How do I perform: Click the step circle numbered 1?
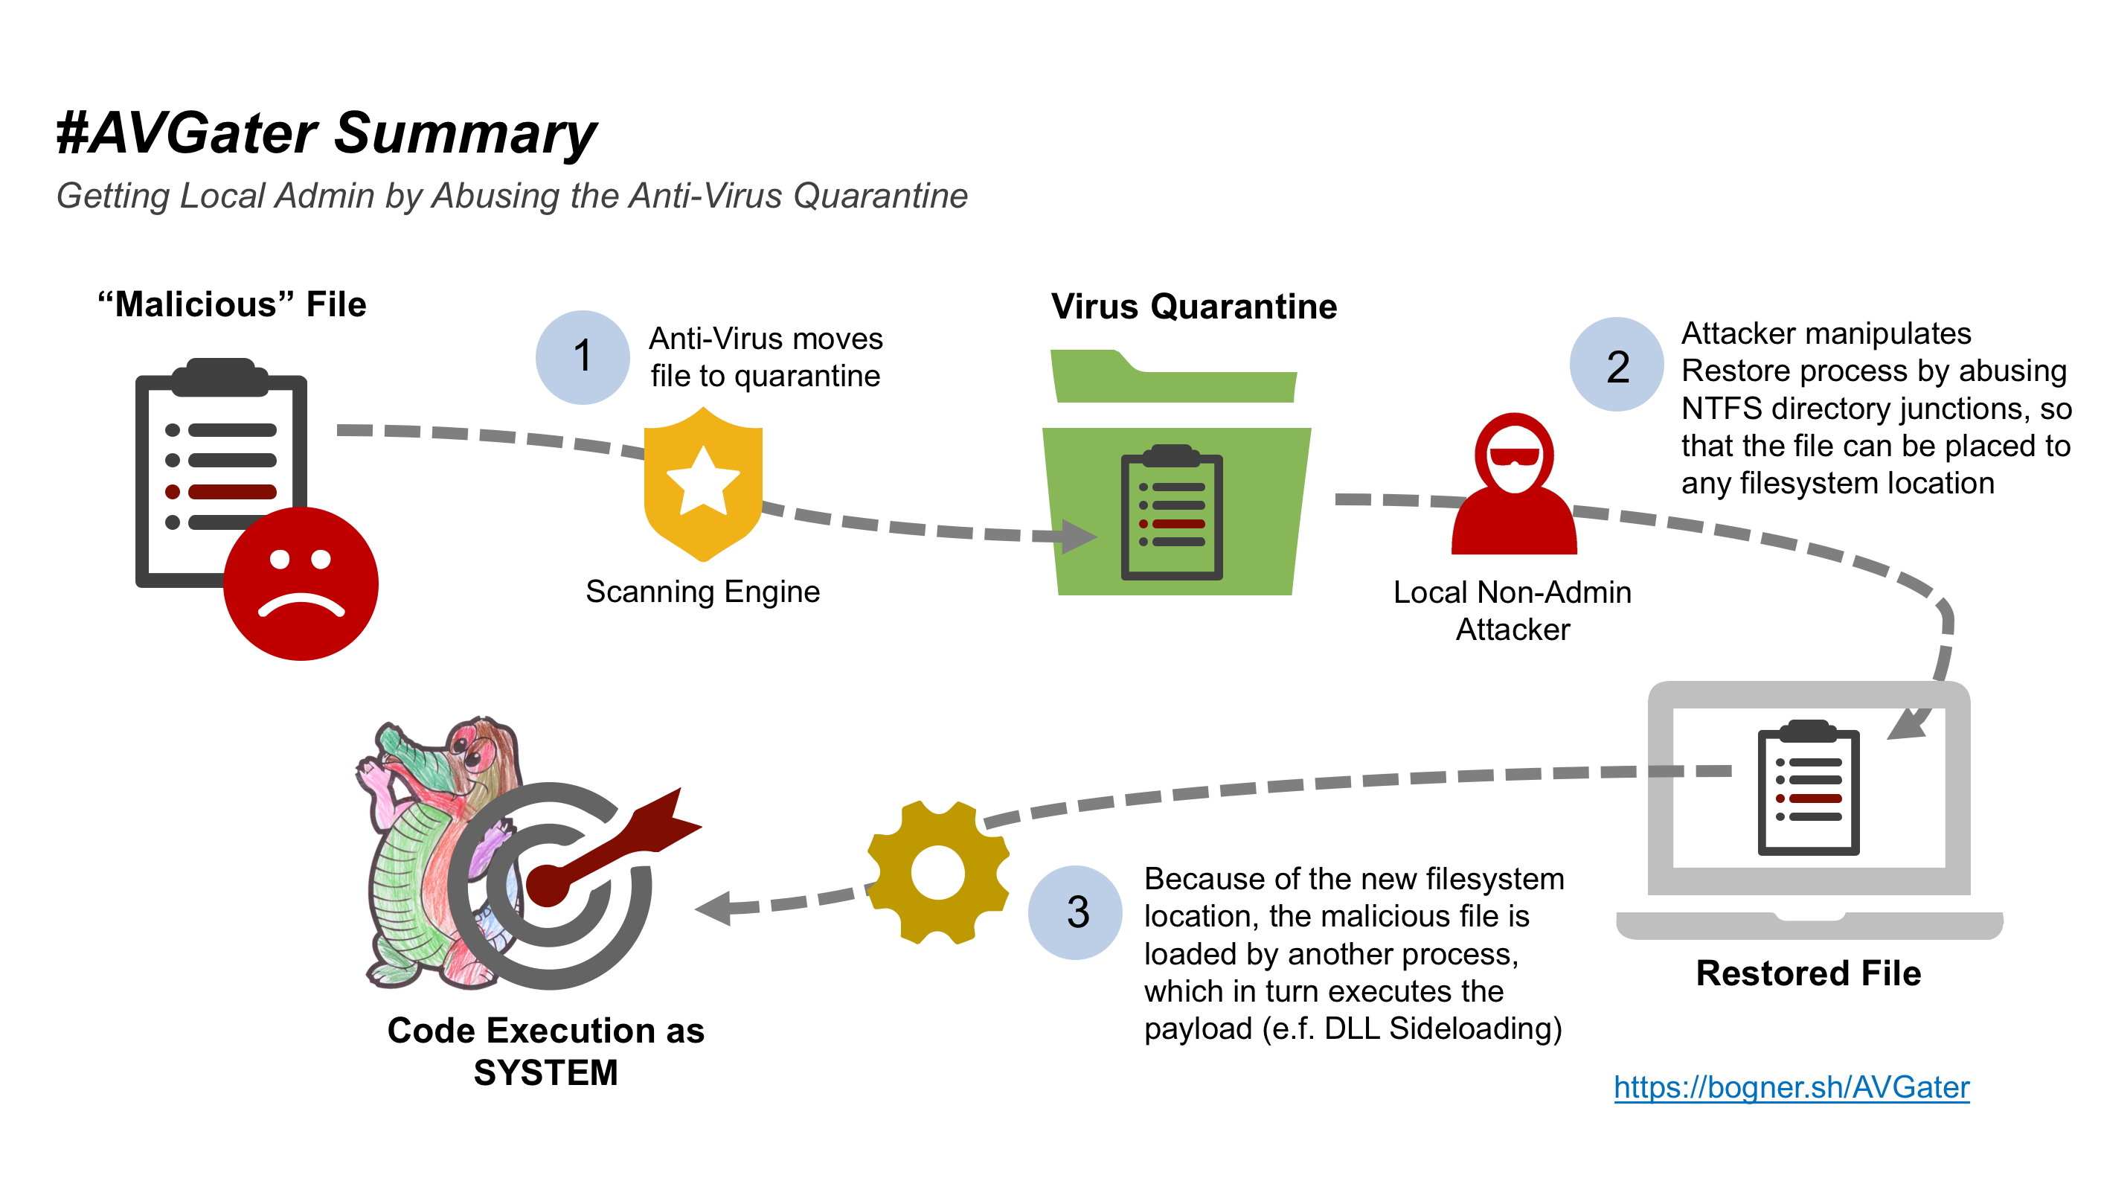pyautogui.click(x=583, y=357)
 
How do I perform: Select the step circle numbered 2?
pyautogui.click(x=1617, y=365)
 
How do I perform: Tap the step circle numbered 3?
pyautogui.click(x=1075, y=912)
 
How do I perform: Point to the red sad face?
pyautogui.click(x=301, y=583)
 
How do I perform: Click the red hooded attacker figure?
pyautogui.click(x=1514, y=490)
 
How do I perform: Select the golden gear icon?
pyautogui.click(x=938, y=873)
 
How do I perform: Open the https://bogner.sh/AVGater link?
pyautogui.click(x=1791, y=1086)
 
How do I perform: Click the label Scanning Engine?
pyautogui.click(x=702, y=592)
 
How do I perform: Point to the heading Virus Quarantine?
pyautogui.click(x=1193, y=307)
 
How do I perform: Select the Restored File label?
pyautogui.click(x=1808, y=973)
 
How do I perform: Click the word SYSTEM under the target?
pyautogui.click(x=545, y=1072)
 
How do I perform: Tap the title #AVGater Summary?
pyautogui.click(x=327, y=133)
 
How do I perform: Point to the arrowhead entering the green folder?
pyautogui.click(x=1078, y=536)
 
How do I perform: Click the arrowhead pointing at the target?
pyautogui.click(x=714, y=908)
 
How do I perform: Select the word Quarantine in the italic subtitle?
pyautogui.click(x=880, y=196)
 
